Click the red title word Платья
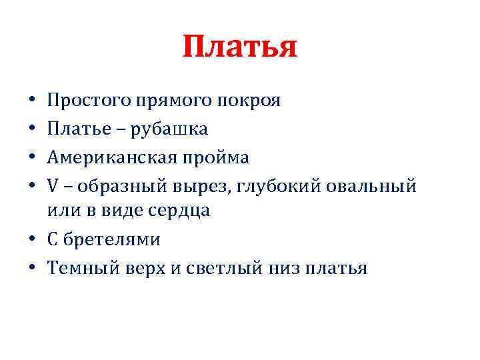[x=239, y=47]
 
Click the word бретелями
[x=113, y=239]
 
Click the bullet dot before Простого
[x=33, y=103]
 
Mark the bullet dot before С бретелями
[x=33, y=241]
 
